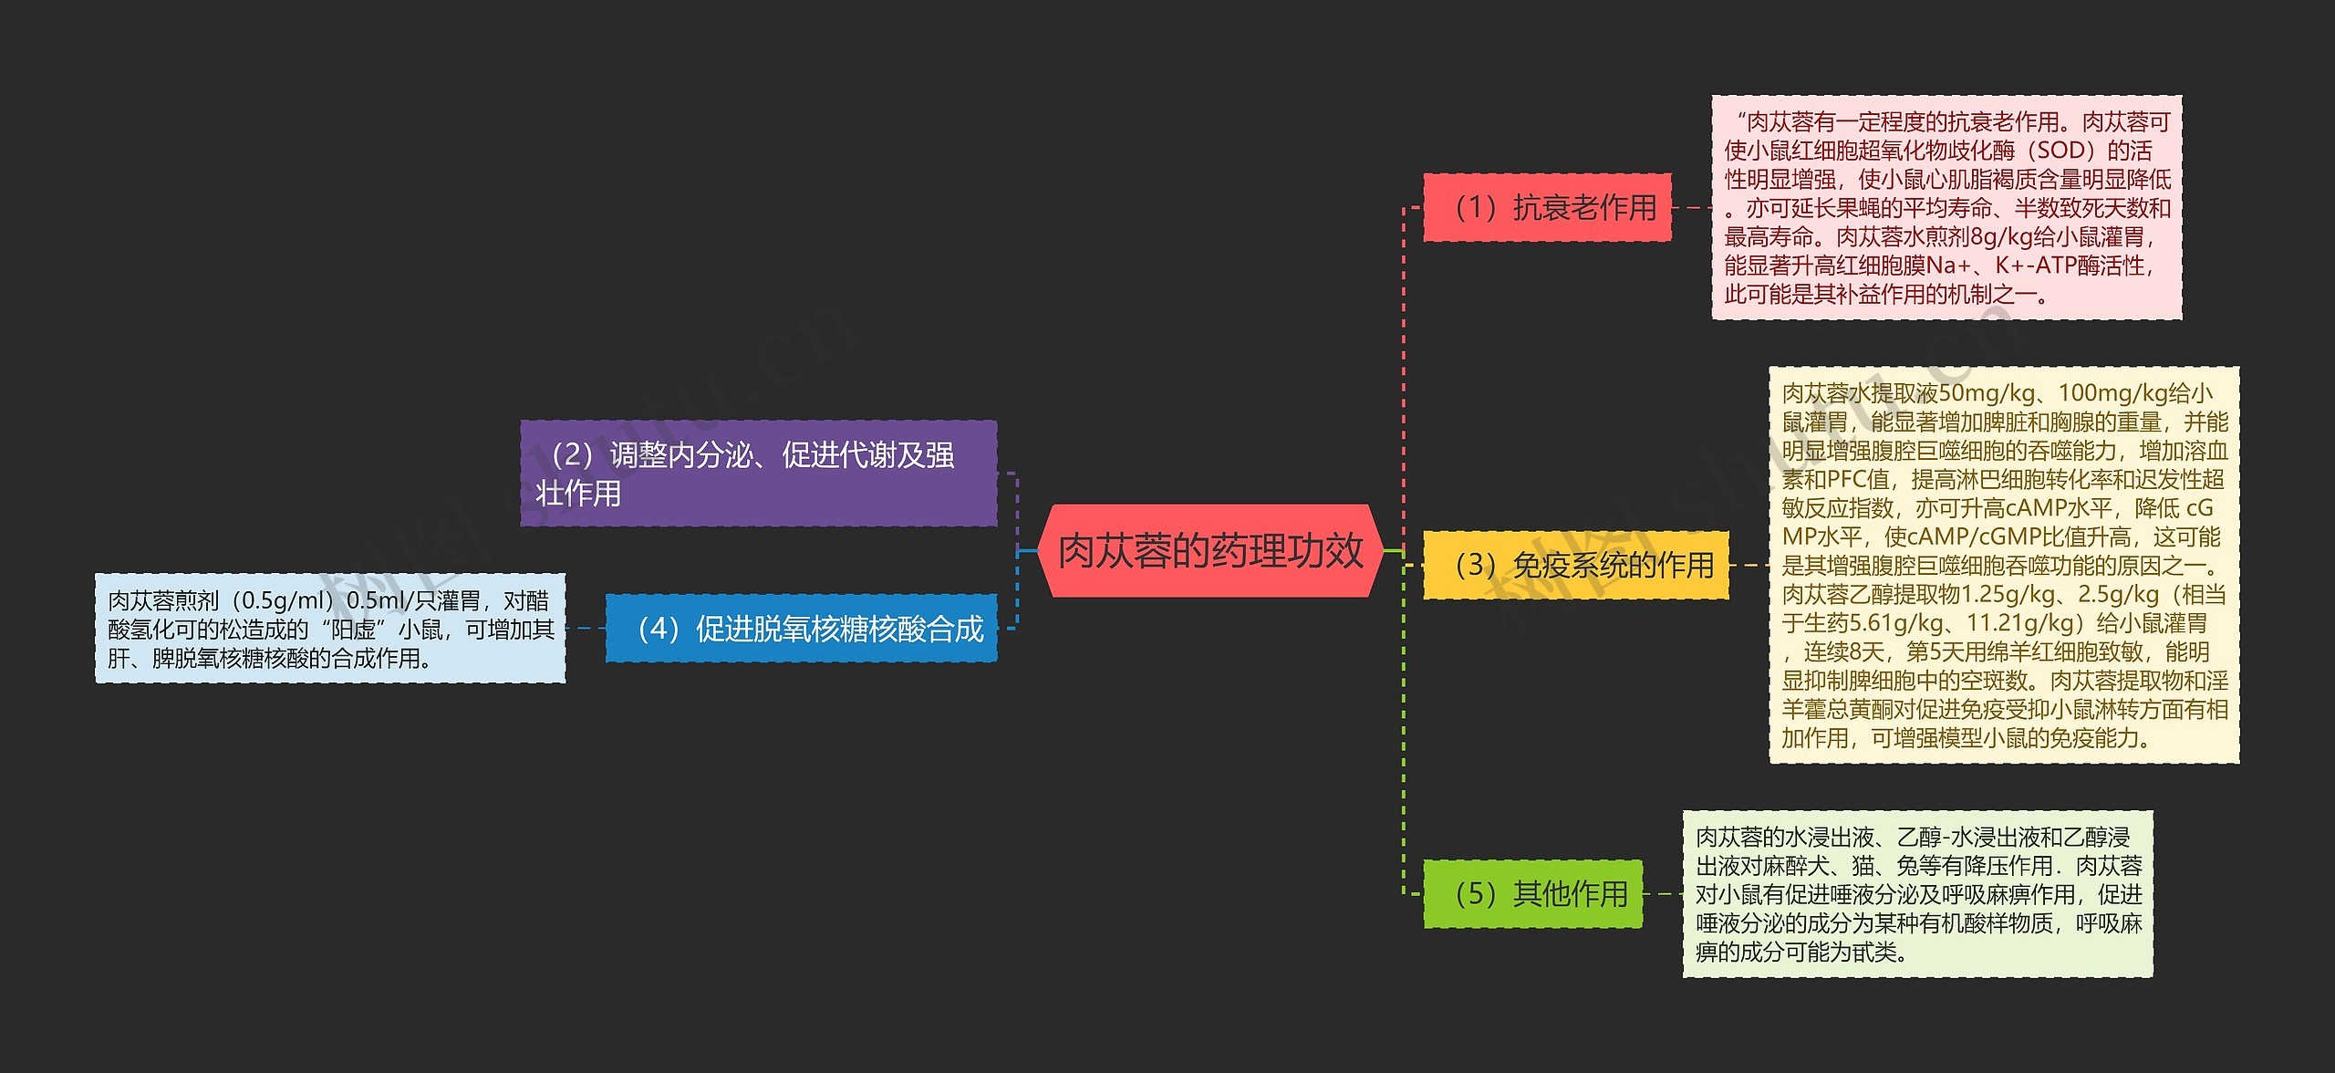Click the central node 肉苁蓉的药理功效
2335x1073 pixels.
(x=1210, y=551)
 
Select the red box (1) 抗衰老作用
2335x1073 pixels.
(x=1547, y=208)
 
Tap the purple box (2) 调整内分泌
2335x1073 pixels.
(x=758, y=474)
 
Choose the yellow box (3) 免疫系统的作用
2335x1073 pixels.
(x=1575, y=566)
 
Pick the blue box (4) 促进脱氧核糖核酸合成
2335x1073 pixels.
(x=801, y=629)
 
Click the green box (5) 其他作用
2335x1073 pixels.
(x=1532, y=894)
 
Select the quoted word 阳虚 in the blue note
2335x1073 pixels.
(x=354, y=630)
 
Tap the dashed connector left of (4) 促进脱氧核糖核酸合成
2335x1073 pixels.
(x=586, y=629)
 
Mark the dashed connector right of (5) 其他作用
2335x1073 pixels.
(x=1662, y=894)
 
